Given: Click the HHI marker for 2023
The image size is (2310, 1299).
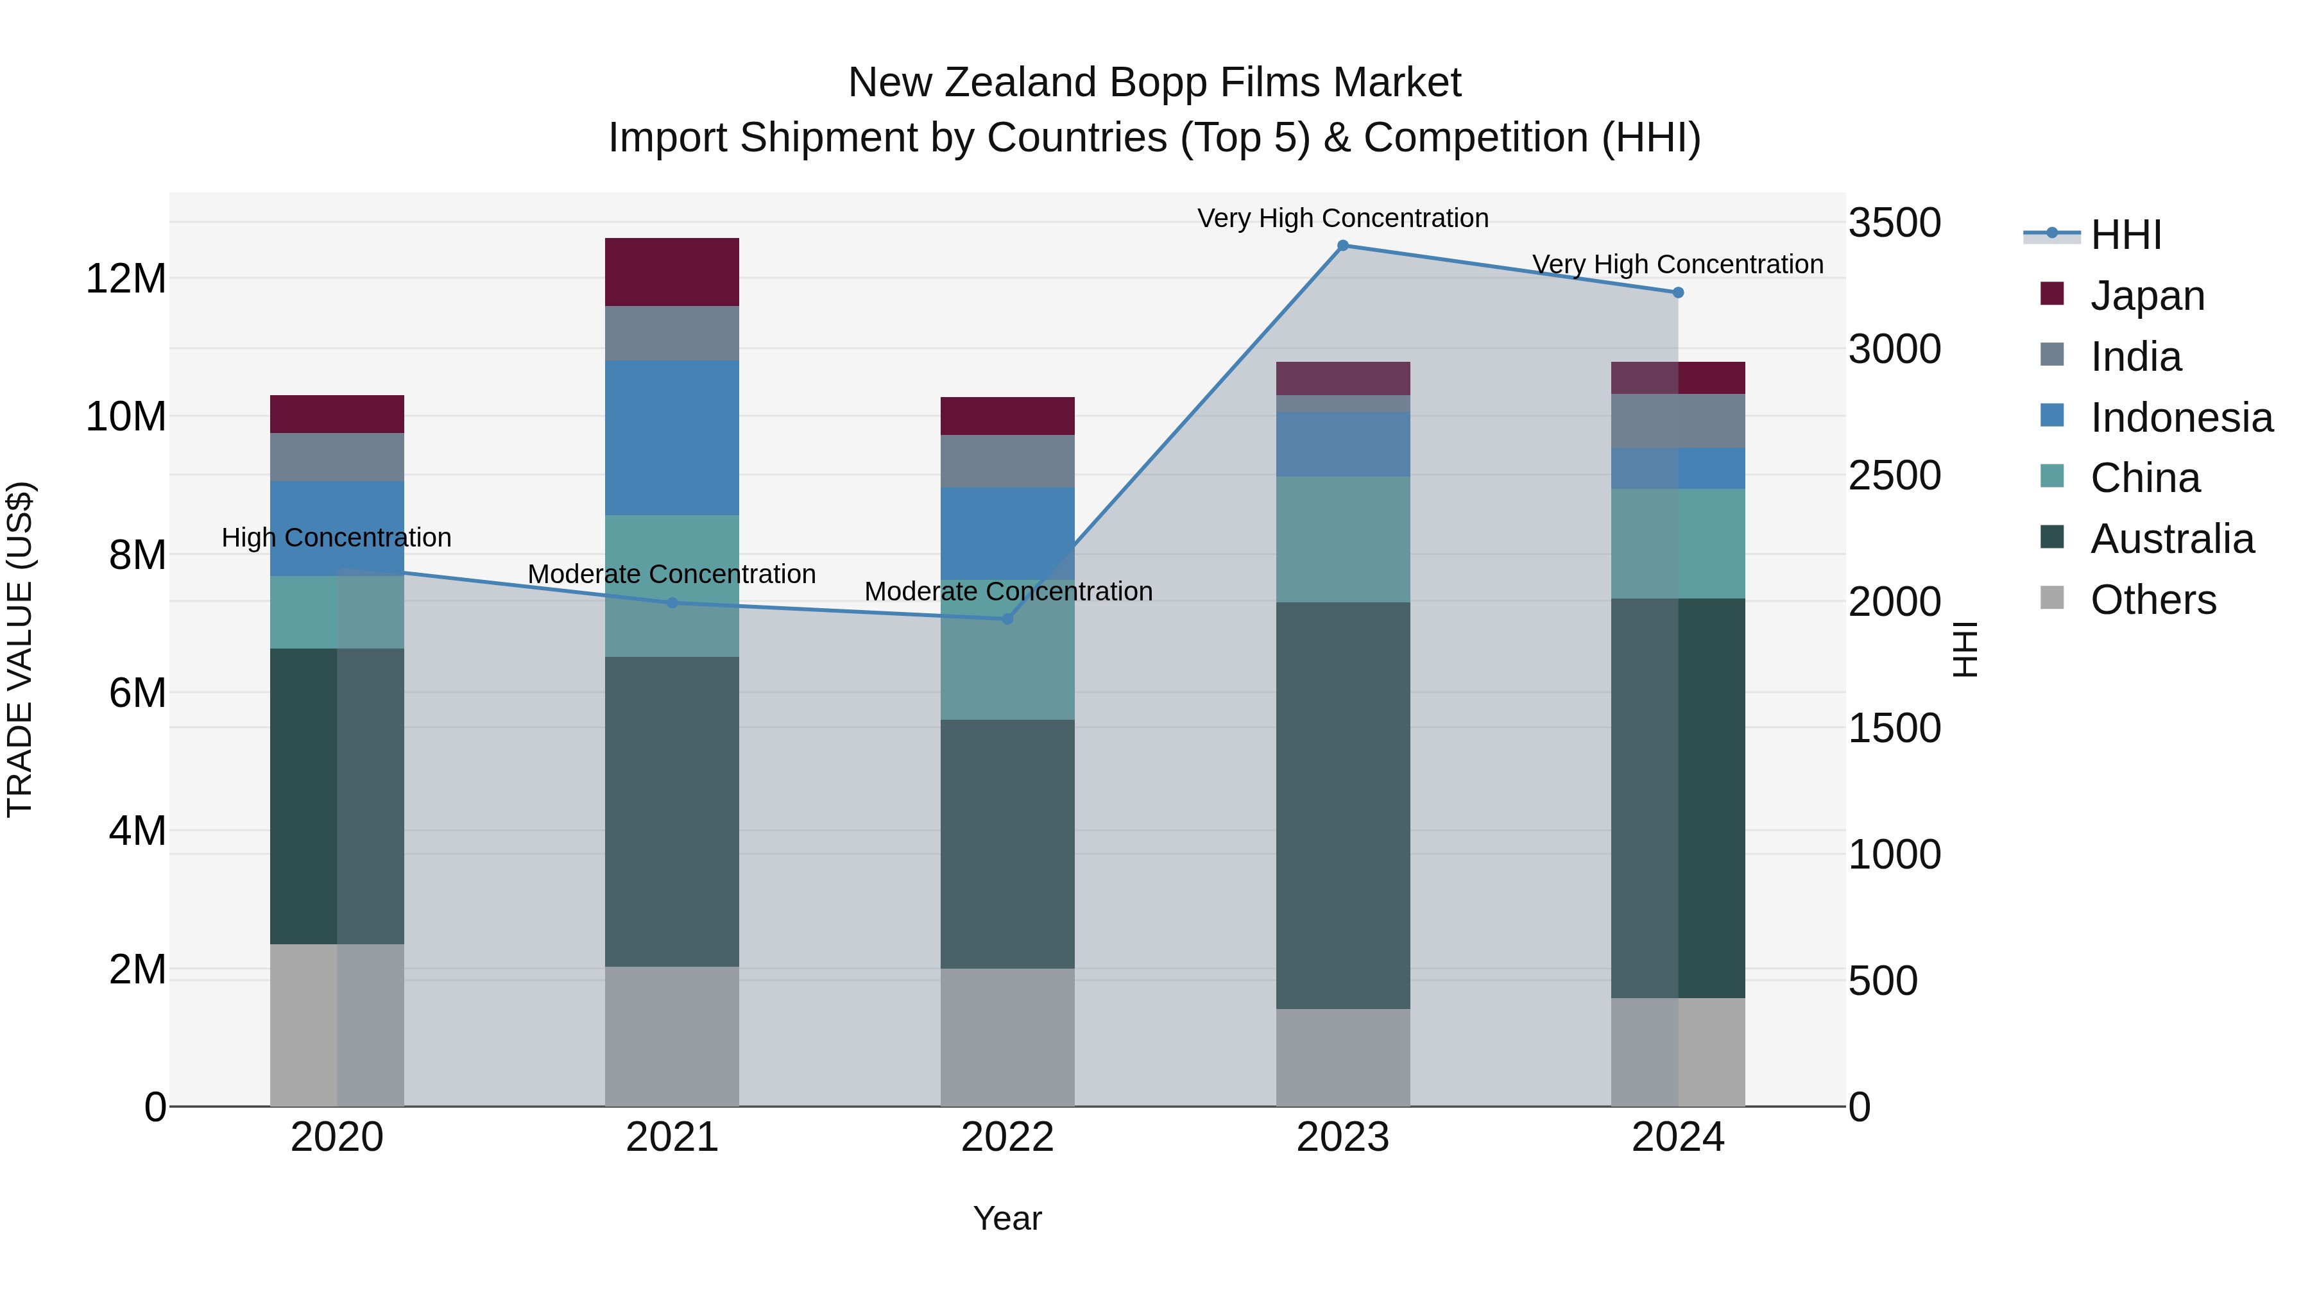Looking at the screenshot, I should coord(1342,246).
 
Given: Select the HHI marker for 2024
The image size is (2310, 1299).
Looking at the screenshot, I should coord(1678,293).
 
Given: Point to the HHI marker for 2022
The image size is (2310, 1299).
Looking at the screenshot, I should coord(1007,618).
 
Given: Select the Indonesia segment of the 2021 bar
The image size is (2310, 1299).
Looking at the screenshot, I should coord(672,437).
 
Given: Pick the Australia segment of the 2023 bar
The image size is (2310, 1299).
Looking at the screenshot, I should coord(1342,805).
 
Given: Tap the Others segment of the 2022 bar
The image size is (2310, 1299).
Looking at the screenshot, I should coord(1007,1037).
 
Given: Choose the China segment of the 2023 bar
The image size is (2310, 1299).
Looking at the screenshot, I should coord(1342,539).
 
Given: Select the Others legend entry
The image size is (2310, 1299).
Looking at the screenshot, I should coord(2152,600).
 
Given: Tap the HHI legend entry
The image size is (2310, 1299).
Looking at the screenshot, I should coord(2125,235).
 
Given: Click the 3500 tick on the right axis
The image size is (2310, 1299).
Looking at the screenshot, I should coord(1894,223).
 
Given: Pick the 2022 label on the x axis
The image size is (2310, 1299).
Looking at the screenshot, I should coord(1007,1137).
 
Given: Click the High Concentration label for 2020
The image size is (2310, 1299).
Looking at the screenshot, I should coord(336,538).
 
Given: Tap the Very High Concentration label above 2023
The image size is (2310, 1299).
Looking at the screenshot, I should coord(1342,218).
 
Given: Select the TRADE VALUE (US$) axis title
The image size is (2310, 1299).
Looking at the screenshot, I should coord(20,649).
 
